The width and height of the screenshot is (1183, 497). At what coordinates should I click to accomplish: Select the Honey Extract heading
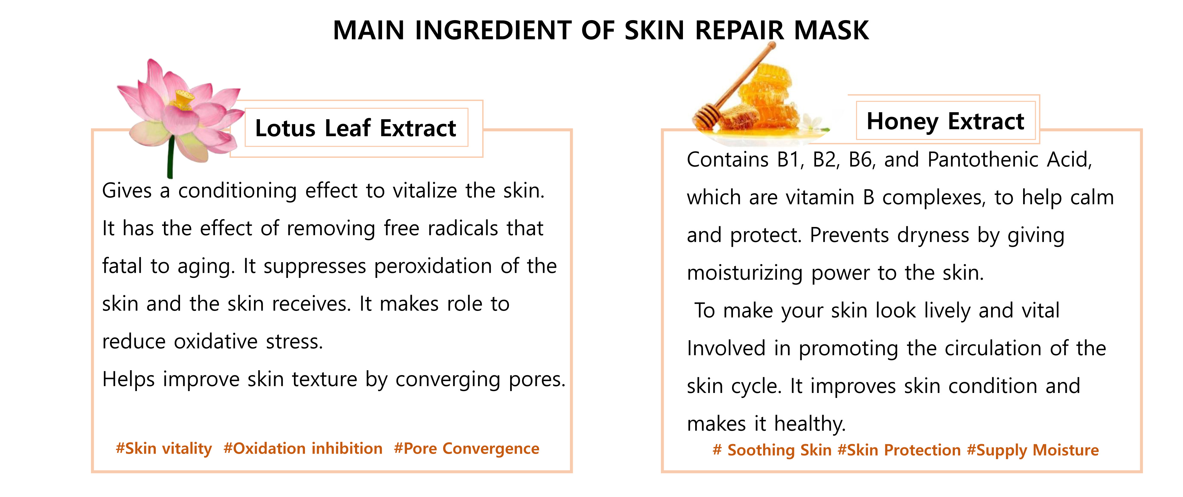pyautogui.click(x=945, y=122)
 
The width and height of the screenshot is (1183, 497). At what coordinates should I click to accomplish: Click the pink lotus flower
pyautogui.click(x=180, y=113)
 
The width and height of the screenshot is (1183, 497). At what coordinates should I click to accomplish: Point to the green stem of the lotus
pyautogui.click(x=170, y=156)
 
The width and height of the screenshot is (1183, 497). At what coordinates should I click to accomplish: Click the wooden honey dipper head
pyautogui.click(x=706, y=117)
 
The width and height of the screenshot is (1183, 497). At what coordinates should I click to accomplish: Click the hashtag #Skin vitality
pyautogui.click(x=164, y=448)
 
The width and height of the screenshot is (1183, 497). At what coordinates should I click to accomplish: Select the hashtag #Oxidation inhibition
pyautogui.click(x=303, y=448)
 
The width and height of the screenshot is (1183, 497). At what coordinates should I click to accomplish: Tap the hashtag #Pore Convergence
pyautogui.click(x=467, y=448)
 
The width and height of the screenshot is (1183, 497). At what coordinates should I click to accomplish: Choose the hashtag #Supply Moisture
pyautogui.click(x=1033, y=450)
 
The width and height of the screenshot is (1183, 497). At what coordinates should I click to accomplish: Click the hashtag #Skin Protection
pyautogui.click(x=899, y=450)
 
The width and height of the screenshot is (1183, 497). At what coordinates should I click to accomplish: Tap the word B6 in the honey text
pyautogui.click(x=861, y=160)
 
